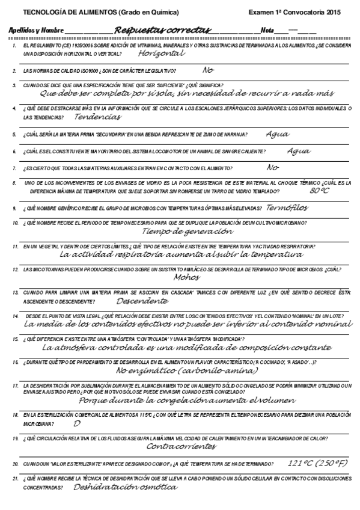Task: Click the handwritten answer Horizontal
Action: click(160, 54)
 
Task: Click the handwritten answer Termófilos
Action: click(287, 207)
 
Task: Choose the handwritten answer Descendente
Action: click(142, 300)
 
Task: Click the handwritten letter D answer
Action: click(76, 423)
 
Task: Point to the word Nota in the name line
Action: click(268, 30)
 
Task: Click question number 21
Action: click(15, 478)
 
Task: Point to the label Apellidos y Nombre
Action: click(37, 30)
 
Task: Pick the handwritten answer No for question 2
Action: click(208, 70)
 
